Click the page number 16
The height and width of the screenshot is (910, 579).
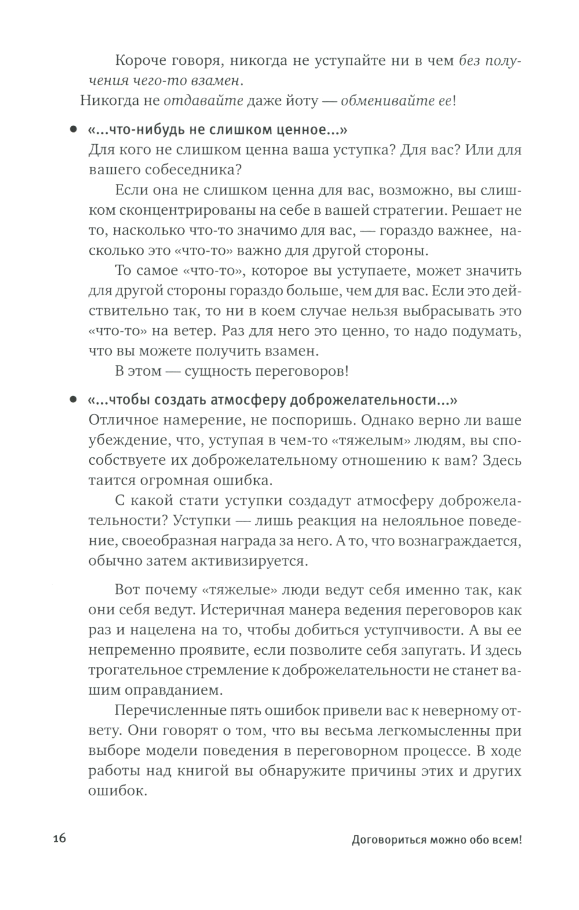click(x=60, y=839)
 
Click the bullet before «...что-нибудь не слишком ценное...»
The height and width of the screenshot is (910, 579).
click(x=73, y=130)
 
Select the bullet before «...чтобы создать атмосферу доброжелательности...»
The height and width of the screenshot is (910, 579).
click(x=73, y=400)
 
